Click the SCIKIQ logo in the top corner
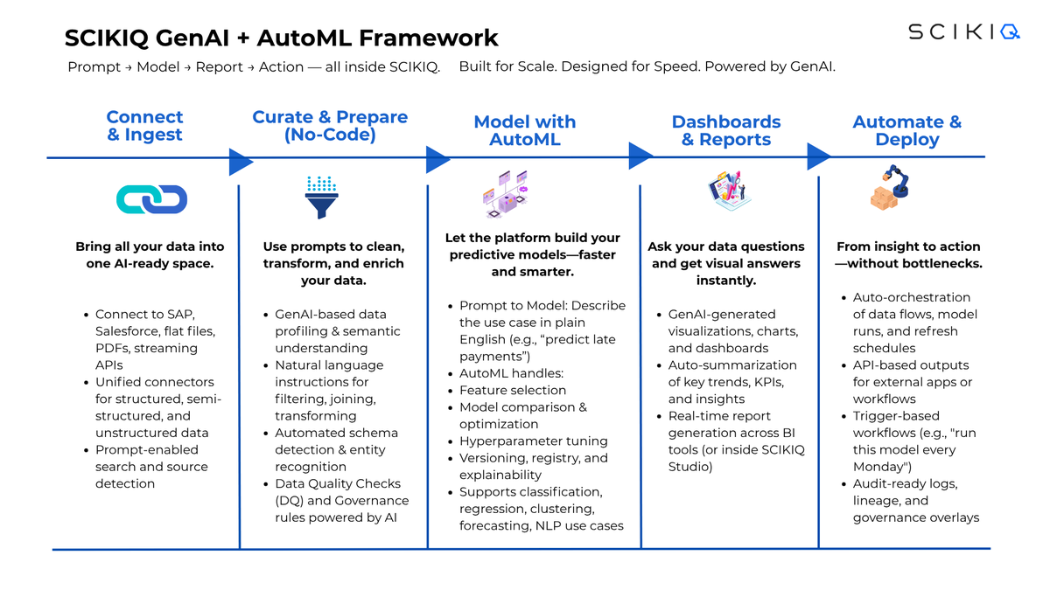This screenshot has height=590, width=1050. pos(963,31)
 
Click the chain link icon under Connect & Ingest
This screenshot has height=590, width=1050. pos(152,199)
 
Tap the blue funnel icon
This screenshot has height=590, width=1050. pos(322,198)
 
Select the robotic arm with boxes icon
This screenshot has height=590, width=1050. pos(889,187)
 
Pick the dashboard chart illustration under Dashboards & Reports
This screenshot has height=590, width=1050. pos(728,191)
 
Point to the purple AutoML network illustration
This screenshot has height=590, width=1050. pos(506,194)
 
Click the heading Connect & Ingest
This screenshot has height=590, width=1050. pos(144,126)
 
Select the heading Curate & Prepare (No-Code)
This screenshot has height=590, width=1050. pos(330,126)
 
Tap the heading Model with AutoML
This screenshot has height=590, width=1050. pos(524,130)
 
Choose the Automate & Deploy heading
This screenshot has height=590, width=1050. pos(907,130)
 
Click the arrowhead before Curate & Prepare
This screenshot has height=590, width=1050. pos(241,162)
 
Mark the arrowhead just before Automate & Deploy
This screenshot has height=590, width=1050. pos(819,156)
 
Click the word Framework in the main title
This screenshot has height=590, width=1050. pos(429,38)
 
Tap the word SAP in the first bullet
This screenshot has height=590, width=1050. pos(179,314)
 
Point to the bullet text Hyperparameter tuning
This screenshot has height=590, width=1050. pos(534,441)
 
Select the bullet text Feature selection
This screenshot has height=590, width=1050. pos(513,390)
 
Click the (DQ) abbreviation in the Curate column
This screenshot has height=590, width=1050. pos(290,501)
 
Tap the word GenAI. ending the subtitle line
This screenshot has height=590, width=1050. pos(813,66)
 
